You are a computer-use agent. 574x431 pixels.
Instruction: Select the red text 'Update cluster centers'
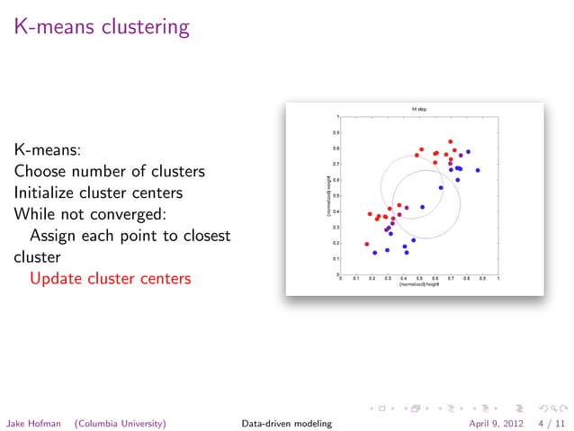(x=110, y=278)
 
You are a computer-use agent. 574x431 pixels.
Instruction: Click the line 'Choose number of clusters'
(x=109, y=170)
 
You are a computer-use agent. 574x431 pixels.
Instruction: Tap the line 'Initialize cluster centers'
(x=103, y=192)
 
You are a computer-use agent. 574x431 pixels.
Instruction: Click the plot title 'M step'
(x=419, y=109)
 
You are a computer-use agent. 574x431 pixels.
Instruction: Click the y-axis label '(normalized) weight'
(x=328, y=195)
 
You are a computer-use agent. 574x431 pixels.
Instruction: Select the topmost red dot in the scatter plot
(x=451, y=141)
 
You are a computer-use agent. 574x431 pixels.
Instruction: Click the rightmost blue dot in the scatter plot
(x=478, y=170)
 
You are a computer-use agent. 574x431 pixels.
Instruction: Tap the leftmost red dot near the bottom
(x=366, y=244)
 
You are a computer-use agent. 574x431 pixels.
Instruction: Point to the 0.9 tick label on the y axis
(x=336, y=132)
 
